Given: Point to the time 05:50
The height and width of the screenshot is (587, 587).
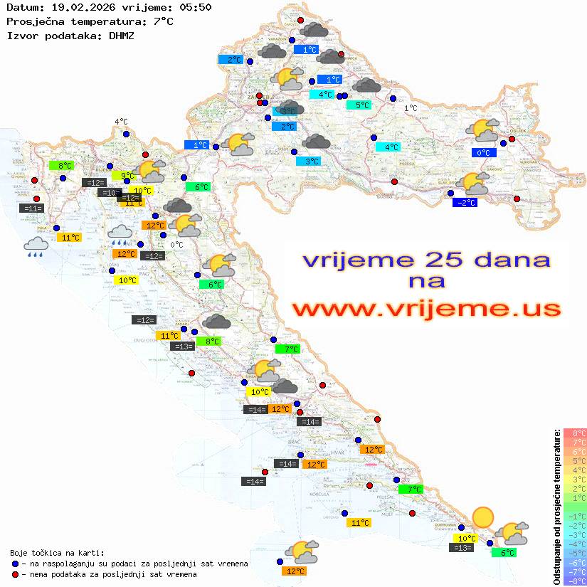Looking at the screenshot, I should (195, 7).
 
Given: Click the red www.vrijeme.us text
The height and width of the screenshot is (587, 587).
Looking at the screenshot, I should (425, 308).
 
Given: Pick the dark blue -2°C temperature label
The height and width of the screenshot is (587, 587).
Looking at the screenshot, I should (465, 203).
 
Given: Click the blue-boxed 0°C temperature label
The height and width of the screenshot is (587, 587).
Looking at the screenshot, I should (484, 152).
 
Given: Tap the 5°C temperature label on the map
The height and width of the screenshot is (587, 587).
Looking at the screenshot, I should (363, 105).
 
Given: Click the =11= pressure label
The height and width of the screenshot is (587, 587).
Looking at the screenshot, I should (33, 208).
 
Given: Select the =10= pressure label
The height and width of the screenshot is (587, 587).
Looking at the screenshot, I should (110, 193).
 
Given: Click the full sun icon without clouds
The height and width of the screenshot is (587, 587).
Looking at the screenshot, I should (483, 517).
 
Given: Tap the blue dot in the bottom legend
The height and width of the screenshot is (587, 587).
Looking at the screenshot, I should (15, 564).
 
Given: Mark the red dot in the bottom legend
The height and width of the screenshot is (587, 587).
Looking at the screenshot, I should (15, 574).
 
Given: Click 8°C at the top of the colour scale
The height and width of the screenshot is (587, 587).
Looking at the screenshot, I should (575, 433).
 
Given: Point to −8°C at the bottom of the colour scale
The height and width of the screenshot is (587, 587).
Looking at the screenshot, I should (575, 581).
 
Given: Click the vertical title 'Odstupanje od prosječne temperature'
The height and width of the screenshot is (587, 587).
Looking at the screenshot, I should (556, 507).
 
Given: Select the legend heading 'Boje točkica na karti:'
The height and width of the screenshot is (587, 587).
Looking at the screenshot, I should (57, 553).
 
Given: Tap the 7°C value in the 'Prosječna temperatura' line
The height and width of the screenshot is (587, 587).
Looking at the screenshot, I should (163, 21).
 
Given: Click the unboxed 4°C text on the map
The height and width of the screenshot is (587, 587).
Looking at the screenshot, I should (121, 122).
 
